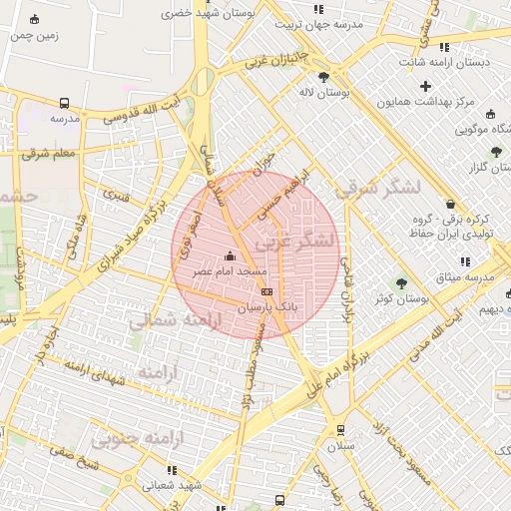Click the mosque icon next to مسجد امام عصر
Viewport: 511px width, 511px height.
point(232,255)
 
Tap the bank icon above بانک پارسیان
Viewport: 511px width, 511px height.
point(265,291)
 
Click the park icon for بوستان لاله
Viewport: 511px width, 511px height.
point(323,76)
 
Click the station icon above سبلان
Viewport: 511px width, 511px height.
point(341,430)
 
